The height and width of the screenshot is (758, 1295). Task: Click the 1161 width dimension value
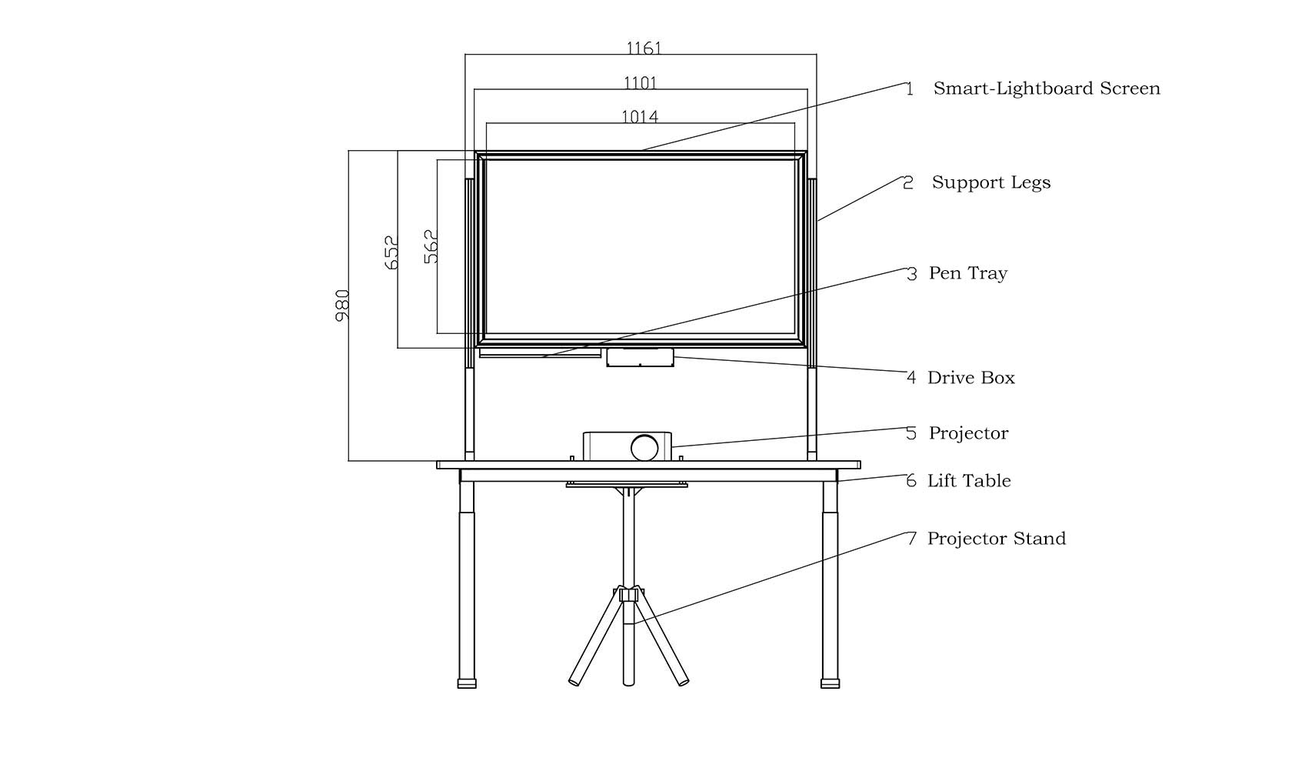click(644, 48)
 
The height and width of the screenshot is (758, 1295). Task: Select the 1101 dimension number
click(640, 83)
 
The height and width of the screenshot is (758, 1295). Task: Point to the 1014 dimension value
click(640, 117)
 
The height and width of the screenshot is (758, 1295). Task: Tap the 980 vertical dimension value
click(343, 305)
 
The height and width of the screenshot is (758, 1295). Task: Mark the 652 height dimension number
click(391, 252)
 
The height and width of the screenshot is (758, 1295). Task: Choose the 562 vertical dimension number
click(431, 246)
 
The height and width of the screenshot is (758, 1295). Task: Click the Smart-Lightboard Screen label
click(1046, 88)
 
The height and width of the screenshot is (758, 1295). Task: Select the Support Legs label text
click(990, 182)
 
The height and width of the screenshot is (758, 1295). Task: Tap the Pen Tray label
click(967, 273)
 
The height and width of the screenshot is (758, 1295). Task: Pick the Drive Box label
click(970, 378)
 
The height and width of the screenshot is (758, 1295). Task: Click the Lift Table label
click(968, 481)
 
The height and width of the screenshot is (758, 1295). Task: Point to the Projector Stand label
click(996, 539)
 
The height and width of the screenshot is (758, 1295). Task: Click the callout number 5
click(911, 433)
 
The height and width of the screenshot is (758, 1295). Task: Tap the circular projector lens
click(644, 447)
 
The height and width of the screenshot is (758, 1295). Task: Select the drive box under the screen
click(640, 357)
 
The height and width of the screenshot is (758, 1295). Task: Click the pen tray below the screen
click(540, 353)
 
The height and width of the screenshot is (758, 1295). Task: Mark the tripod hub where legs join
click(629, 594)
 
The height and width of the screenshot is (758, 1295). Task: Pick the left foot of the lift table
click(467, 683)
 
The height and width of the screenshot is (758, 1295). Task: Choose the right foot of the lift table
click(830, 683)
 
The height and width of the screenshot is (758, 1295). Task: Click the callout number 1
click(910, 89)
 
